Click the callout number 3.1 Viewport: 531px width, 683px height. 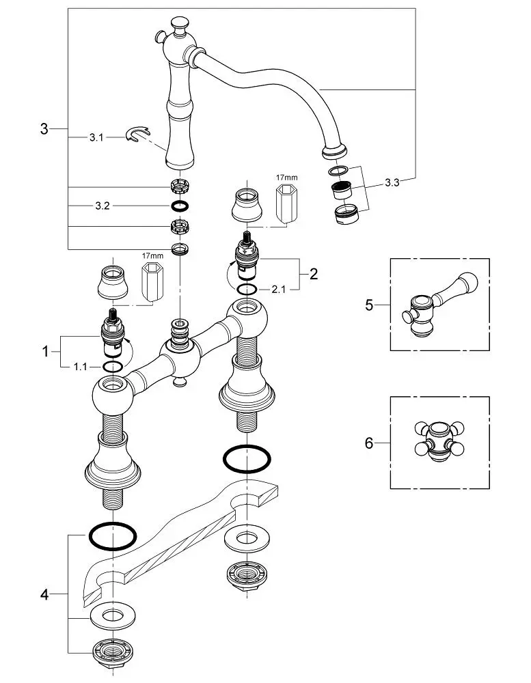click(96, 138)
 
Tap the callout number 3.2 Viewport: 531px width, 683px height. click(103, 206)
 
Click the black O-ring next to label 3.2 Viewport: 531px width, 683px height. click(180, 206)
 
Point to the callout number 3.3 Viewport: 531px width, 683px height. click(392, 183)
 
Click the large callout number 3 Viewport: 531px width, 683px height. click(44, 129)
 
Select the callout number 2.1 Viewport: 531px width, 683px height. click(278, 289)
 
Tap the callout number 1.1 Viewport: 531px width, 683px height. click(80, 367)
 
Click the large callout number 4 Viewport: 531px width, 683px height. click(44, 594)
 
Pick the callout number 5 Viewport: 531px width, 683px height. click(369, 305)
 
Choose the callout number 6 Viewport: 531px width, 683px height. click(369, 443)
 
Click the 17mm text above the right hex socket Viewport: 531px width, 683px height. click(287, 178)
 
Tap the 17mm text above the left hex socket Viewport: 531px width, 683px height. click(152, 255)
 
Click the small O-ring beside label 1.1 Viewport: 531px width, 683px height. click(113, 367)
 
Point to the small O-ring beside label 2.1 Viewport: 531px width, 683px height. click(247, 289)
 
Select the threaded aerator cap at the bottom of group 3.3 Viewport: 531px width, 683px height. click(346, 214)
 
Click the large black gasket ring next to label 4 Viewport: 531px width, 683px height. click(113, 535)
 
